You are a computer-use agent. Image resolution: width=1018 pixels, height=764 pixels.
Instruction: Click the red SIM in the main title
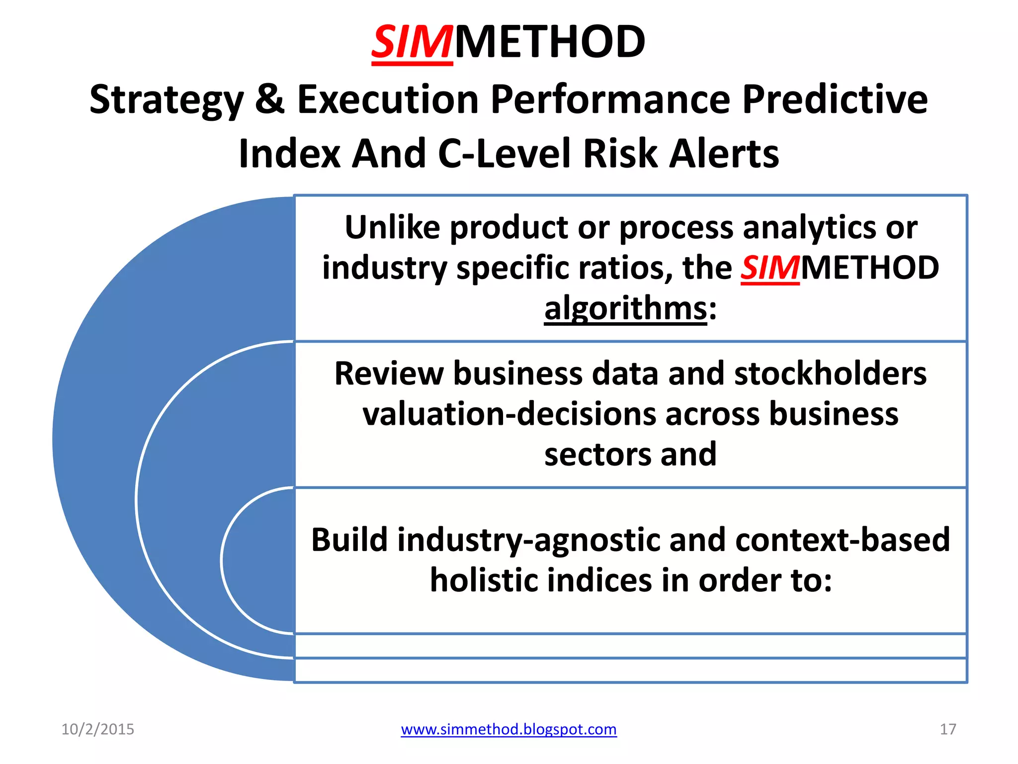(412, 43)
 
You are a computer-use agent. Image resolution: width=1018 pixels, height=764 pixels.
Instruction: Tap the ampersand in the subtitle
(269, 99)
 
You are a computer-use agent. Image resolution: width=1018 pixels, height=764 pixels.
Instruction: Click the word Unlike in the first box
(393, 228)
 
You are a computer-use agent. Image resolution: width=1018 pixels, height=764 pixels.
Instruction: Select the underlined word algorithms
(625, 309)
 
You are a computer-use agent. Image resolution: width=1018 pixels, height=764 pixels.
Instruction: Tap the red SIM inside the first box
(770, 268)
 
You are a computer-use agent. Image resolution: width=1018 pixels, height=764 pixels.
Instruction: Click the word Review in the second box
(389, 374)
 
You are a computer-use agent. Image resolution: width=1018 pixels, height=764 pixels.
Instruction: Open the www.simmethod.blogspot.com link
(509, 729)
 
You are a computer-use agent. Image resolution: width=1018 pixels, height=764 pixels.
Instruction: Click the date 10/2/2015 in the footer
(97, 729)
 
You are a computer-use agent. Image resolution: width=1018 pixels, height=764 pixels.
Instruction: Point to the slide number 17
(947, 729)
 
